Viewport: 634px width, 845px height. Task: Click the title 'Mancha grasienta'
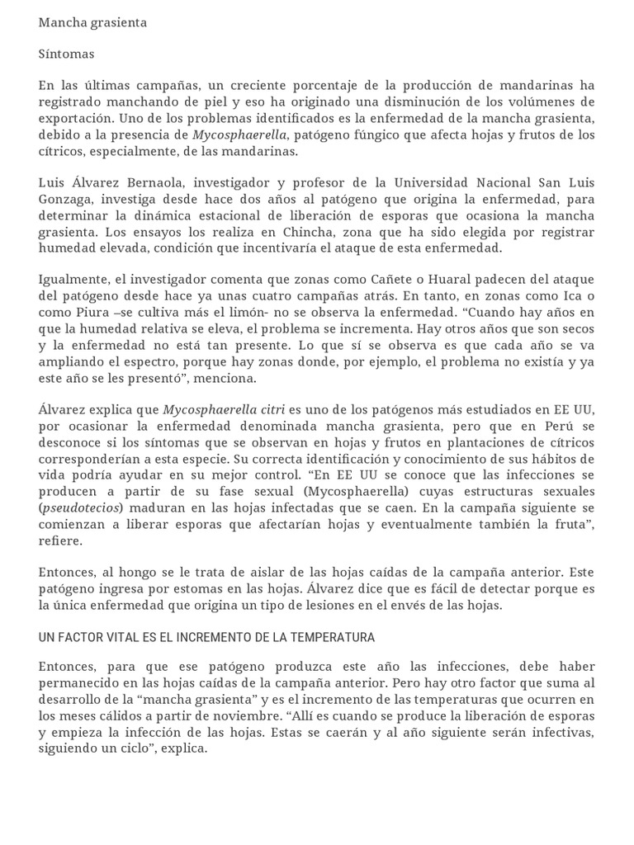92,22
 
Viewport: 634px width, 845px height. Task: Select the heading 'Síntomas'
66,54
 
